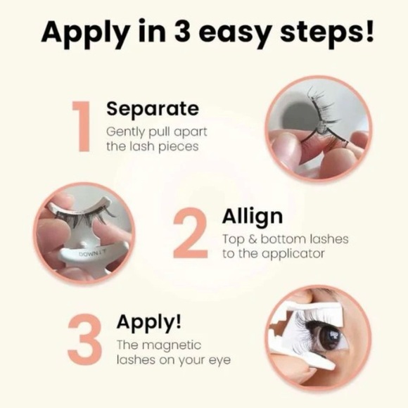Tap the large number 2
coord(191,233)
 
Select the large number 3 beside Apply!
coord(84,339)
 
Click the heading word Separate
coord(153,108)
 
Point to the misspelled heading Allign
coord(253,217)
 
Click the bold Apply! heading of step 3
coord(149,322)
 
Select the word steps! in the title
coord(326,32)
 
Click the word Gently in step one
coord(125,132)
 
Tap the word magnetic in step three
coord(172,345)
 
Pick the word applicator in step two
coord(293,254)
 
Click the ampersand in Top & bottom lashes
coord(253,239)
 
